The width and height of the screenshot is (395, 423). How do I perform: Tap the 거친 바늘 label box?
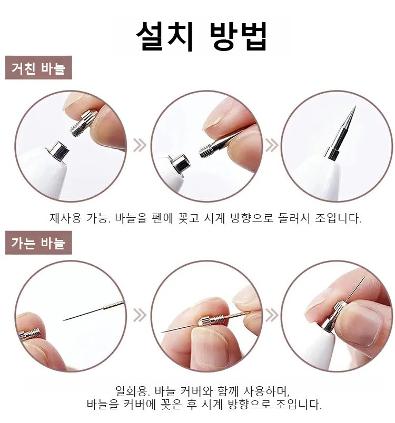(x=38, y=67)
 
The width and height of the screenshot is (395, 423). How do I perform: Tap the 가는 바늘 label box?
(x=38, y=243)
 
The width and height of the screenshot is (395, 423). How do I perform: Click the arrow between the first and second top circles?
(x=140, y=145)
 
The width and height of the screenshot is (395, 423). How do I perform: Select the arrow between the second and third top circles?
(x=272, y=145)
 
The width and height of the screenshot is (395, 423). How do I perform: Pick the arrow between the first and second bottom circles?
(x=140, y=315)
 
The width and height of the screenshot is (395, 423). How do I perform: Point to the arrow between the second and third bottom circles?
(x=272, y=315)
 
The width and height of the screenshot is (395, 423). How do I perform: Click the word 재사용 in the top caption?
(x=65, y=218)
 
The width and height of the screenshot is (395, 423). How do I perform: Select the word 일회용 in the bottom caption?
(x=131, y=391)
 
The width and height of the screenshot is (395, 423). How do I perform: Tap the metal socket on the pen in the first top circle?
(x=58, y=152)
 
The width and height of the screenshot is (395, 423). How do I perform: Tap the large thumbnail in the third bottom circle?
(x=362, y=326)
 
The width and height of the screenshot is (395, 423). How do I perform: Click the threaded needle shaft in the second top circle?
(x=208, y=150)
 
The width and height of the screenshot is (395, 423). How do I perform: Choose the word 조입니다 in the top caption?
(x=338, y=218)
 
